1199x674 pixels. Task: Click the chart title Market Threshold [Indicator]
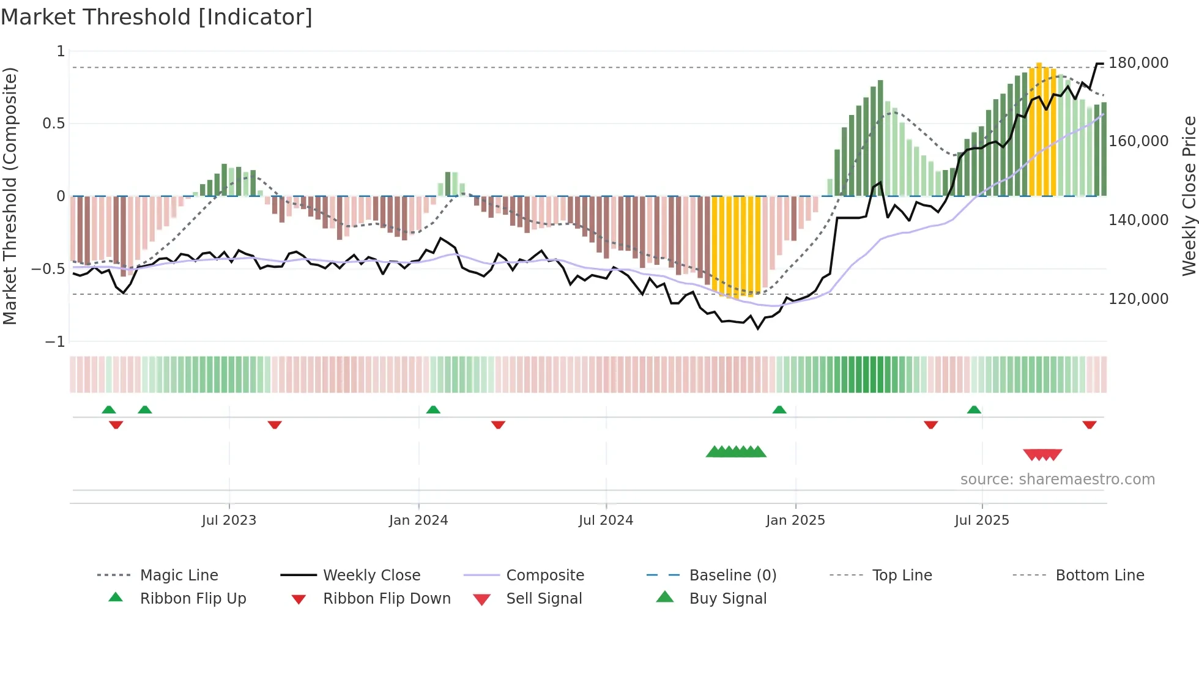pos(157,17)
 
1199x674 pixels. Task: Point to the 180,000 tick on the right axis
pos(1138,63)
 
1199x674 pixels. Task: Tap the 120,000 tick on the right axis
pos(1138,299)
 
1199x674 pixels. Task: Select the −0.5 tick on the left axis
pos(48,269)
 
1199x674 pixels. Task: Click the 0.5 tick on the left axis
pos(53,124)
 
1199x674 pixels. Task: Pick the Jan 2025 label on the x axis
pos(795,520)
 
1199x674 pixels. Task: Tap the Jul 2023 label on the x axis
pos(229,520)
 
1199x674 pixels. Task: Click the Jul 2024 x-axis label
pos(606,520)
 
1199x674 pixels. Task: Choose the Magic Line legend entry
pos(179,576)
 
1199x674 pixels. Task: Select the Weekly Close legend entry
pos(371,576)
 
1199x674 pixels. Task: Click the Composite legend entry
pos(544,576)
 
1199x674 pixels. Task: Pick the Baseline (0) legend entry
pos(732,576)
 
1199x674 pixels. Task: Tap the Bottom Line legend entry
pos(1099,576)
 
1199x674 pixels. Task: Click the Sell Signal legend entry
pos(544,599)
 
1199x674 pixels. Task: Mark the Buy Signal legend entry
pos(727,599)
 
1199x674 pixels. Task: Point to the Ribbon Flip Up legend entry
pos(193,599)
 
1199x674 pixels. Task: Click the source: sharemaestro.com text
pos(1057,480)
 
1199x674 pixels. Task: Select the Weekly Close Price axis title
pos(1189,196)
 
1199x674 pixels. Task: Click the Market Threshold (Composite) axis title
pos(10,196)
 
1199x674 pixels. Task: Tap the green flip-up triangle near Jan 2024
pos(433,410)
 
